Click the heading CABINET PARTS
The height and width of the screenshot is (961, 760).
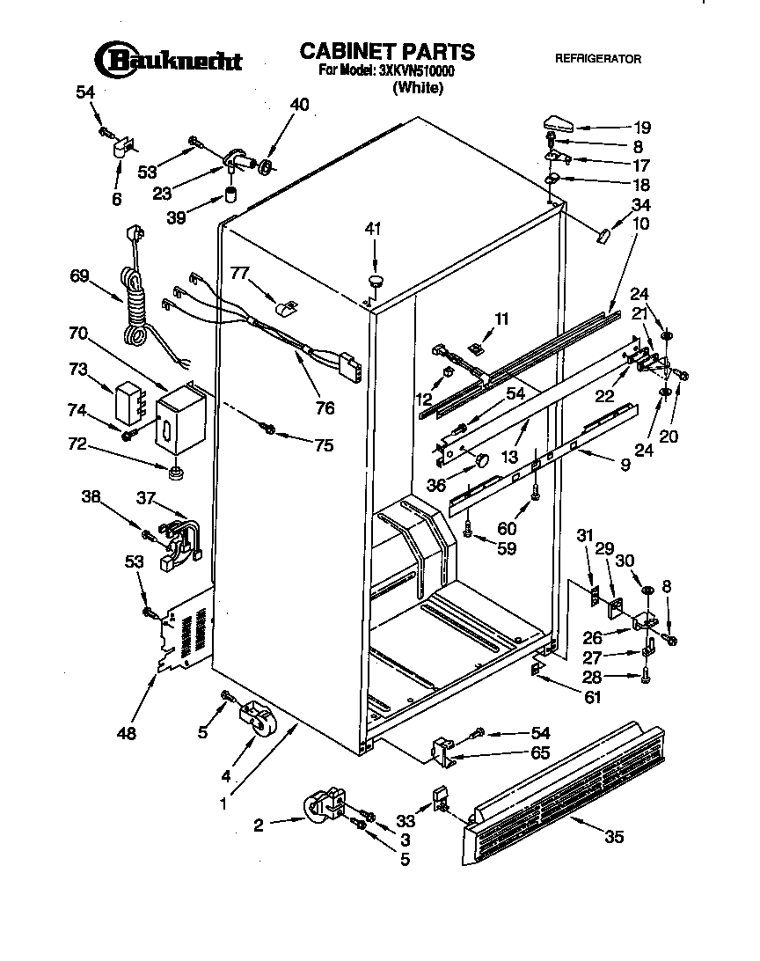tap(387, 51)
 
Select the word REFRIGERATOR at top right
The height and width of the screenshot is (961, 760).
tap(597, 60)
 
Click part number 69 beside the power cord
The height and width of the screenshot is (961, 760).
tap(80, 276)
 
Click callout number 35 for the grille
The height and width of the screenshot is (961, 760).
tap(613, 837)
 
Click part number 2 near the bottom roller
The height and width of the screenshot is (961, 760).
tap(259, 825)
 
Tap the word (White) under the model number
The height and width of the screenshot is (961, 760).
tap(418, 87)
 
